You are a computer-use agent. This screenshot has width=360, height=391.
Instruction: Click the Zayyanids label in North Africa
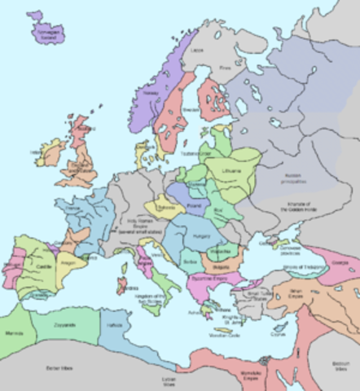[x=64, y=324]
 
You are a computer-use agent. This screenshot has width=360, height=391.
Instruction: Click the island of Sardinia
[x=123, y=286]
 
